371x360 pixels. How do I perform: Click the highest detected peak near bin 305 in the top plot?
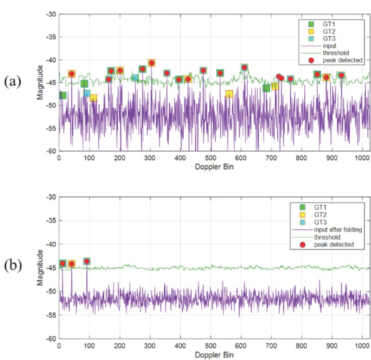(x=151, y=63)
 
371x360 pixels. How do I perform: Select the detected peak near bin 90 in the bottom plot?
(x=87, y=261)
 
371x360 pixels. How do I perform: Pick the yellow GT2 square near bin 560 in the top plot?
(x=229, y=94)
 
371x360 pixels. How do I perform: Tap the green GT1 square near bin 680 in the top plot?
(x=266, y=88)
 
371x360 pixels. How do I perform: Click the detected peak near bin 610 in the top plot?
(x=244, y=68)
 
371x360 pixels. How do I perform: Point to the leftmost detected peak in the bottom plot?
(x=63, y=264)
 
